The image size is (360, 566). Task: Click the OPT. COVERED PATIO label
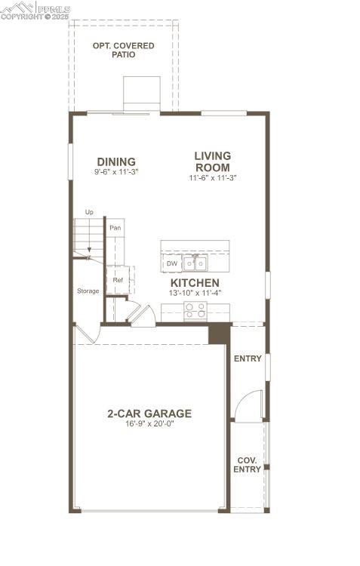123,50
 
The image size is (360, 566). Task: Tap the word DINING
116,161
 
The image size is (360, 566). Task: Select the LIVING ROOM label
212,161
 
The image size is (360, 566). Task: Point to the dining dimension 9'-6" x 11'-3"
116,172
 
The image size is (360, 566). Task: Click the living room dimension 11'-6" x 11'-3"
213,178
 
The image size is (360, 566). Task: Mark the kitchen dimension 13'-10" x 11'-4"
195,292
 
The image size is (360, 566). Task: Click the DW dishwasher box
171,263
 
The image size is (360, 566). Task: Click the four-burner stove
195,309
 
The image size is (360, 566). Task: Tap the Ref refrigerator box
118,280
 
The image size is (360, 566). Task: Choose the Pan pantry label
115,227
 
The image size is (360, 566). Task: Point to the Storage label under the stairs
88,291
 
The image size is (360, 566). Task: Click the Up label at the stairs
89,213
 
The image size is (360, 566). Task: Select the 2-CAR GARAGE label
149,414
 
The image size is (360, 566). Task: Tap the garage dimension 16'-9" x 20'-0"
149,424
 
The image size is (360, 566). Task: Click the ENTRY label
248,358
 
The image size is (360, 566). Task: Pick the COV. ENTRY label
249,464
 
